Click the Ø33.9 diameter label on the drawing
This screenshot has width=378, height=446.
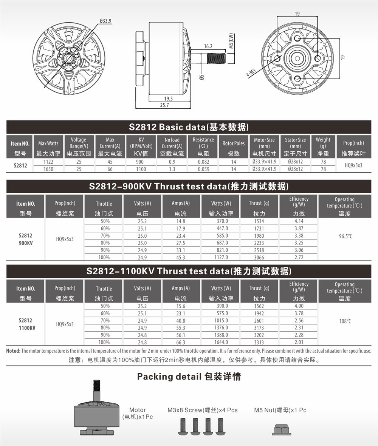point(106,21)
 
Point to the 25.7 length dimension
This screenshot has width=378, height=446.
point(164,105)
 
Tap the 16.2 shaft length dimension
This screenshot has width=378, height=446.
point(208,46)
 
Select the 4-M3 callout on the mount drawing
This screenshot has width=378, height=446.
point(251,73)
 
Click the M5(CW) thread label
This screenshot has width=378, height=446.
point(231,41)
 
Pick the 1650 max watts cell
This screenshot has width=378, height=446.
point(48,169)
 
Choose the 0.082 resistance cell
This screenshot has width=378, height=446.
point(203,162)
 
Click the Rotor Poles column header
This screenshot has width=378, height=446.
point(234,144)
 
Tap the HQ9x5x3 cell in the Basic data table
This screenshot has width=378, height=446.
point(353,165)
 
